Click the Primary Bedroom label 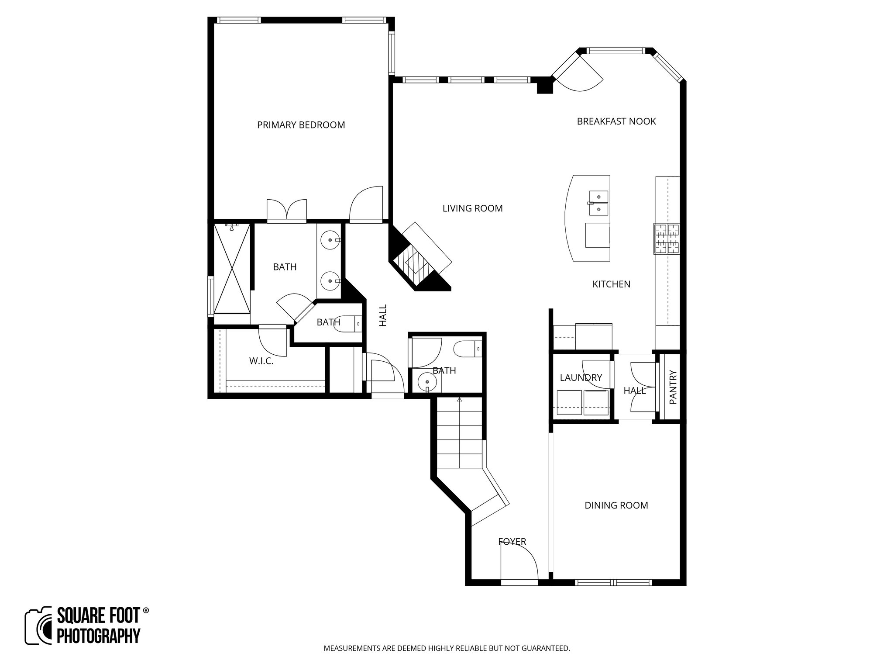coord(301,125)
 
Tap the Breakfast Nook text coord(616,121)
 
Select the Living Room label coord(472,208)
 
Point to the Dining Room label coord(616,505)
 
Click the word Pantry coord(673,387)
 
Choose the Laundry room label coord(581,378)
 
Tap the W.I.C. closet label coord(261,361)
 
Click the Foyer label coord(512,542)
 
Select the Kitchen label coord(611,284)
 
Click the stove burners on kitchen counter coord(667,239)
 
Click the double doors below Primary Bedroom coord(287,211)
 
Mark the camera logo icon coord(38,626)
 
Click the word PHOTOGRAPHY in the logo coord(99,636)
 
